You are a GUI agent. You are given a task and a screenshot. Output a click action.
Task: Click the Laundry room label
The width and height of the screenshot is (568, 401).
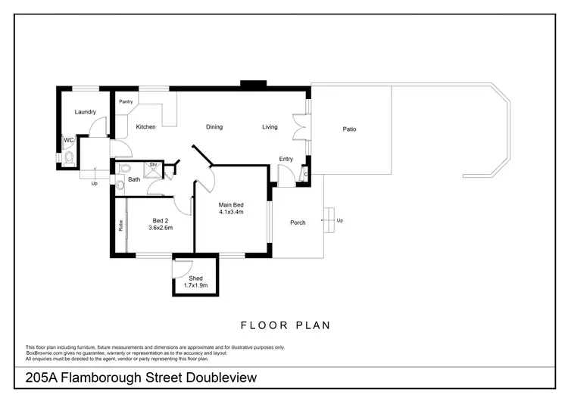86,112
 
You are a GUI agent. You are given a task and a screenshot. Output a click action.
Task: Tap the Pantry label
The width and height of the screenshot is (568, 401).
126,101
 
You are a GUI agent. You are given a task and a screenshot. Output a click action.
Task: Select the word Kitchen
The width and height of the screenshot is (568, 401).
145,127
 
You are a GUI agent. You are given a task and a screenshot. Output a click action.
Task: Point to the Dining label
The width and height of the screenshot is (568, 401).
214,127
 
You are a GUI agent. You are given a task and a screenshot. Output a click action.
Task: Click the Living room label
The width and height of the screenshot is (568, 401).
270,127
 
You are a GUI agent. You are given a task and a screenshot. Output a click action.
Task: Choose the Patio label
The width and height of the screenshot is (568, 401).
349,129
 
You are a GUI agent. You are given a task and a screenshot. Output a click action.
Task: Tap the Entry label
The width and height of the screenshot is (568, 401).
286,159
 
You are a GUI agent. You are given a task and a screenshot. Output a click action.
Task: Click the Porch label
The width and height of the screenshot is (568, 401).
298,222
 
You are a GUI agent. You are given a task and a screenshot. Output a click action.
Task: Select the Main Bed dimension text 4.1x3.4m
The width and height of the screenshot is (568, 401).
231,213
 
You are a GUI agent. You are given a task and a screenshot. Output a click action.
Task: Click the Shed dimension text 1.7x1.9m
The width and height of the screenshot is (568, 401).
195,286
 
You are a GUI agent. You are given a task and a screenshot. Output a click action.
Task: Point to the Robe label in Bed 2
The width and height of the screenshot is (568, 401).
120,225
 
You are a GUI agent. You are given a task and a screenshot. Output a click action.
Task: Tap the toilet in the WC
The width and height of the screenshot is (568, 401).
69,158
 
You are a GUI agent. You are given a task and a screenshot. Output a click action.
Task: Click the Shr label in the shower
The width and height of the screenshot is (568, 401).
153,164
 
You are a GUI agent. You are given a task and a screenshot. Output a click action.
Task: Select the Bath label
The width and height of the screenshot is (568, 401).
133,179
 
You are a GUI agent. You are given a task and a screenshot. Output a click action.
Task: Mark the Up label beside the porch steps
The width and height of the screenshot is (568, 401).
339,221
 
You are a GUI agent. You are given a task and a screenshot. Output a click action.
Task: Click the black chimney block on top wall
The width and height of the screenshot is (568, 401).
248,83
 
